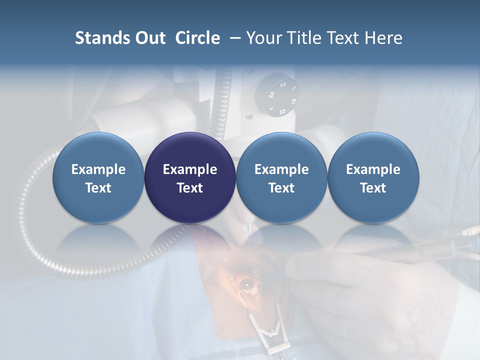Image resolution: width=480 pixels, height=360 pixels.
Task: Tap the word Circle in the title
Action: (x=197, y=38)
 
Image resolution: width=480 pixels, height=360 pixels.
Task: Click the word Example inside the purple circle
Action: (x=190, y=169)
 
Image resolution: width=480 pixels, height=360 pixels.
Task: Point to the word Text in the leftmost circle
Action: (x=98, y=188)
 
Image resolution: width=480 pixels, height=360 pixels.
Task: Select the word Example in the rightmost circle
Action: (x=373, y=169)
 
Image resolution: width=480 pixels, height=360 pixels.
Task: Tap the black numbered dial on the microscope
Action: (x=276, y=95)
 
